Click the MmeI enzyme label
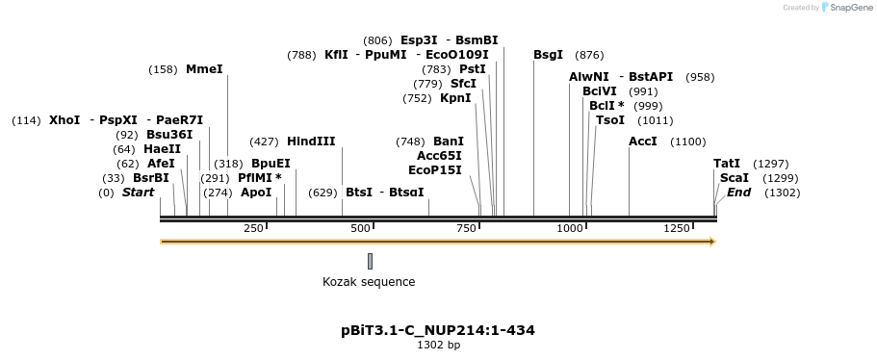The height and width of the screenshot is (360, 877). [x=204, y=69]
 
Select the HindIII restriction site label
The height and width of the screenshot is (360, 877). [x=311, y=141]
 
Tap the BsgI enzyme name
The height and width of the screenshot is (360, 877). [x=548, y=55]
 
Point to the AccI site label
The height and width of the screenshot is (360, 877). [x=642, y=141]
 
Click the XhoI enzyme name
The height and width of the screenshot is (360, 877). [x=64, y=120]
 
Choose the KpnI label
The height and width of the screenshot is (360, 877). [x=455, y=98]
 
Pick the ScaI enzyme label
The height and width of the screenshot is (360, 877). [x=734, y=178]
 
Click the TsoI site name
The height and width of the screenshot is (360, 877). [x=610, y=120]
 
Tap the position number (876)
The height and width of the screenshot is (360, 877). [x=588, y=55]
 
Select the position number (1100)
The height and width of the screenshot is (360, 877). [x=688, y=141]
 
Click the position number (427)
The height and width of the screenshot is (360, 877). [x=264, y=141]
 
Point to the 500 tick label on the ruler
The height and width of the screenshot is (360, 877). [x=360, y=228]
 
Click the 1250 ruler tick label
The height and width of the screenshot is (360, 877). [x=677, y=228]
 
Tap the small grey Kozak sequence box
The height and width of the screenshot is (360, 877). [x=370, y=261]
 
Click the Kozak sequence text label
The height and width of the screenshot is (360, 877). [x=369, y=282]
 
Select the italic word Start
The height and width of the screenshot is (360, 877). [x=138, y=193]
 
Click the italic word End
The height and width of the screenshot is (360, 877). [x=738, y=193]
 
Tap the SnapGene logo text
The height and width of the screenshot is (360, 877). [x=848, y=8]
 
